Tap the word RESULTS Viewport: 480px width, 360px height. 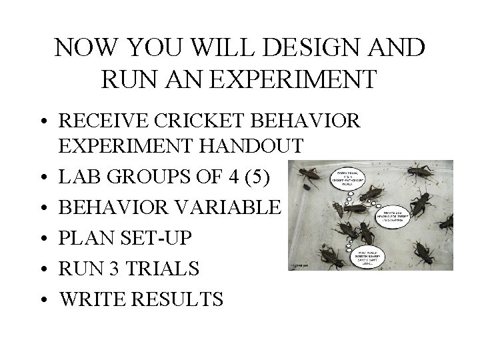(179, 299)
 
